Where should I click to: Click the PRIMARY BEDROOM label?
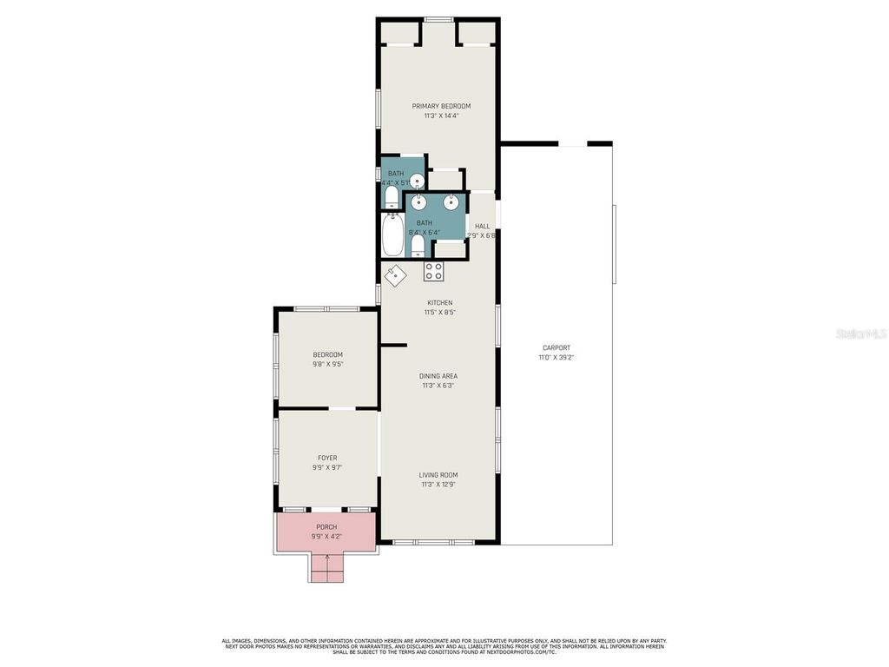(x=441, y=106)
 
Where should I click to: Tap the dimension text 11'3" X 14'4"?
(x=441, y=116)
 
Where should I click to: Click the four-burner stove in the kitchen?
(x=433, y=271)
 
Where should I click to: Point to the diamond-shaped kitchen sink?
(x=395, y=274)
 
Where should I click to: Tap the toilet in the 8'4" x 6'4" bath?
(x=418, y=246)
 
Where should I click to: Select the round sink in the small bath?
(x=418, y=182)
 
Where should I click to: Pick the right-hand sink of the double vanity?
(x=451, y=202)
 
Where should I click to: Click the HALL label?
(x=482, y=226)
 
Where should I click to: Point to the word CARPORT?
(x=556, y=347)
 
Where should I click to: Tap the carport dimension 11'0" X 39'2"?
(x=556, y=357)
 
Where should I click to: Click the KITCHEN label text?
(x=439, y=302)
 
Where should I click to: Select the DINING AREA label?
(x=439, y=376)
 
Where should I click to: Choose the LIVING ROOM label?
(x=438, y=475)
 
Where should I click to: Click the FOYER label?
(x=327, y=458)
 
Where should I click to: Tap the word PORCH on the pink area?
(x=326, y=527)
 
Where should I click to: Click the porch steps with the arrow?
(x=326, y=569)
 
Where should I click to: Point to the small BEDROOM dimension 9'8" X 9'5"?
(x=327, y=364)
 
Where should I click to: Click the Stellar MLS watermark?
(x=860, y=333)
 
